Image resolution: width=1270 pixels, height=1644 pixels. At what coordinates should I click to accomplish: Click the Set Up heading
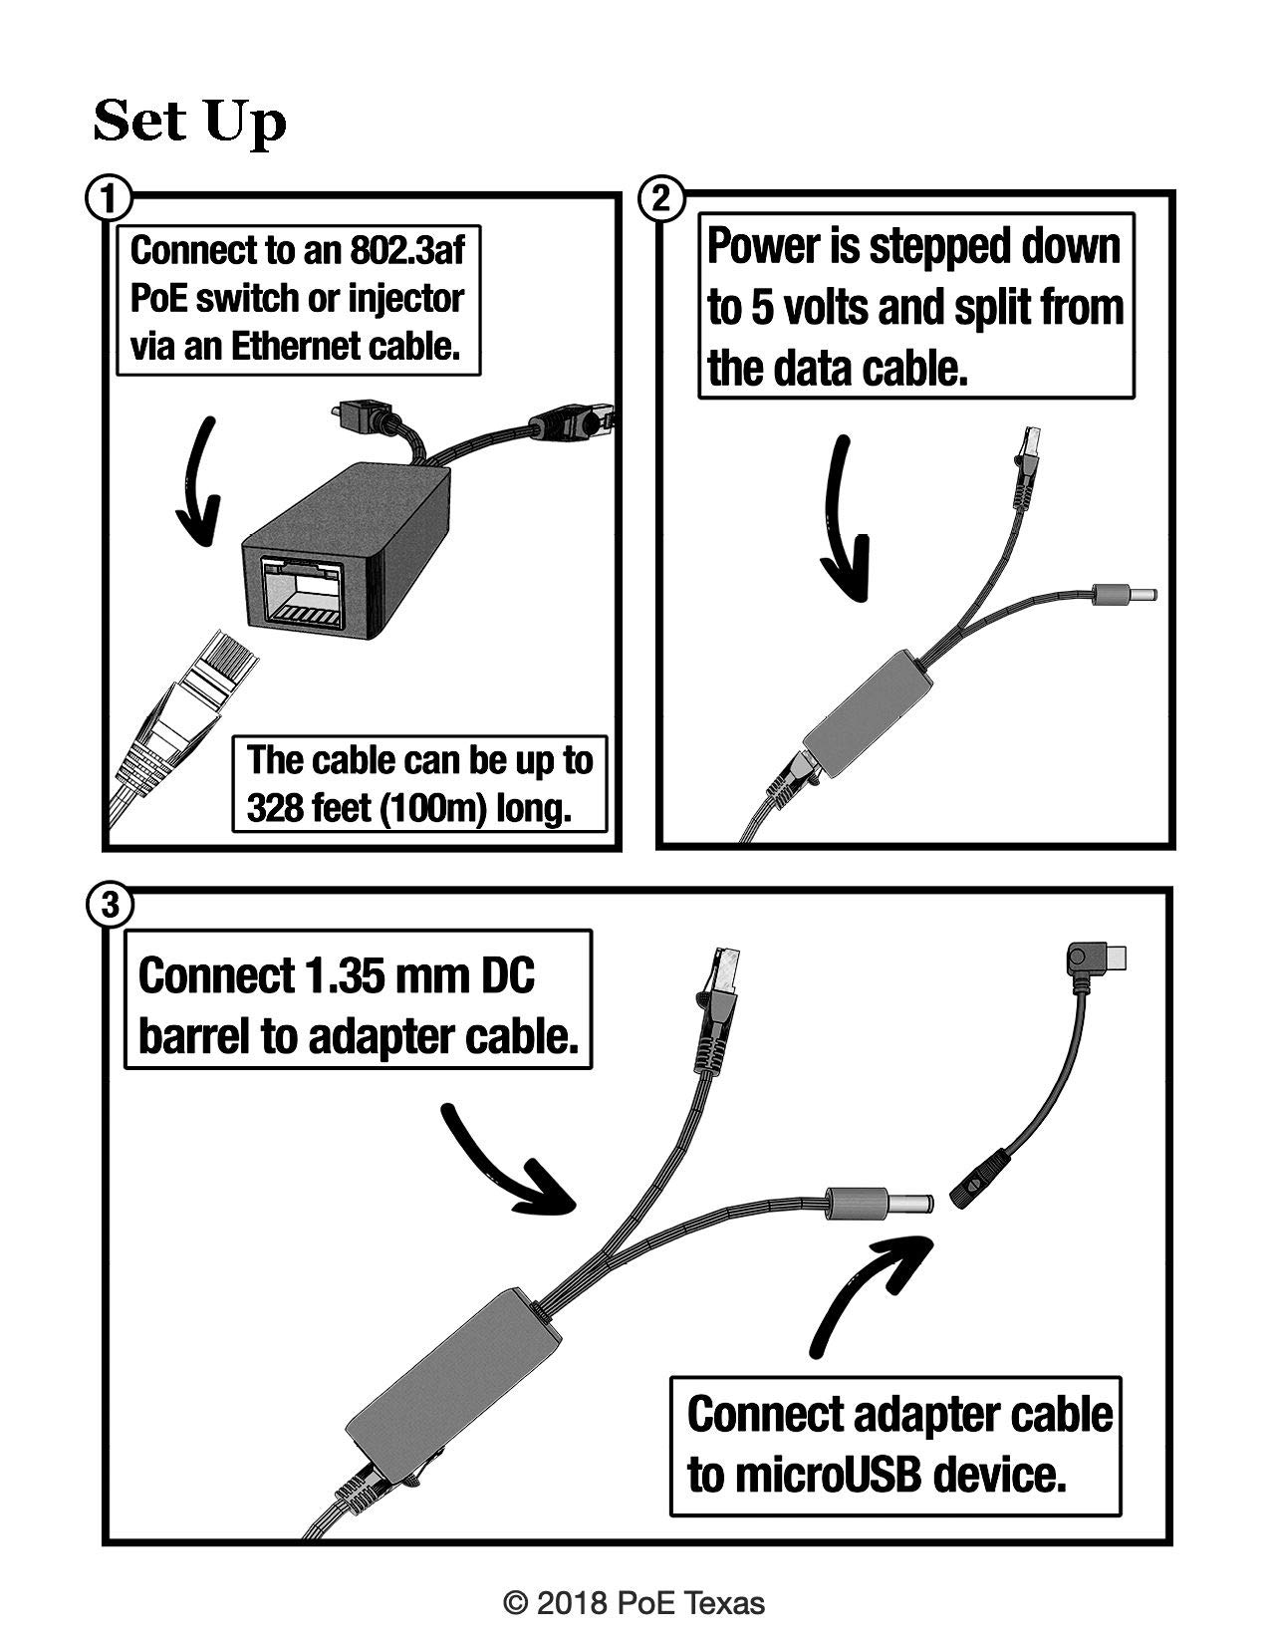click(189, 123)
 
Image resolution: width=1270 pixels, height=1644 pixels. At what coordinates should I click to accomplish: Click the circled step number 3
click(108, 905)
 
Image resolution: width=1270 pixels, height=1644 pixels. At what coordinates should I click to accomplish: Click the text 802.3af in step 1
click(406, 249)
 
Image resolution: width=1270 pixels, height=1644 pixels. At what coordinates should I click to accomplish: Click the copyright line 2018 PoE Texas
click(635, 1602)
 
